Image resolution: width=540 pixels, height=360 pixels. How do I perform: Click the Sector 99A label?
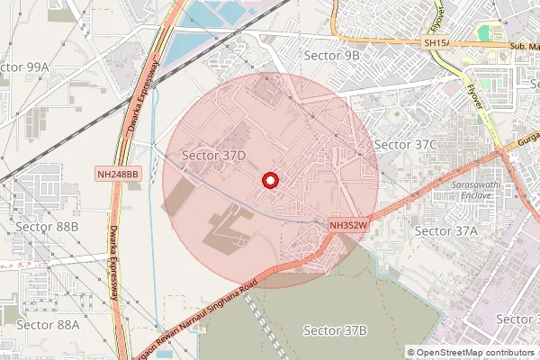point(24,68)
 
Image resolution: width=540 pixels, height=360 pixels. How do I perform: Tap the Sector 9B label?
point(332,55)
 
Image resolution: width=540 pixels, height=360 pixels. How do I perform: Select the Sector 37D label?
point(214,156)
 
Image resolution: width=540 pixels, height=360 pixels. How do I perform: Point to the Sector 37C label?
point(405,144)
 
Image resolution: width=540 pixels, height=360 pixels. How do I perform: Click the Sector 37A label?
point(446,230)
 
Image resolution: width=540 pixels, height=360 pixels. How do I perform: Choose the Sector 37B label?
point(336,330)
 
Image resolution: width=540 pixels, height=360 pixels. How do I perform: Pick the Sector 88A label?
point(48,324)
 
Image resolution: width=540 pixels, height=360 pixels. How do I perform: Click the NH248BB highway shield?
point(118,174)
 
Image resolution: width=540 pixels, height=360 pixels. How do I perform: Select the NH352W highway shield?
point(350,226)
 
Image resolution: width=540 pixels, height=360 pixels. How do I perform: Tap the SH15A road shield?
point(436,42)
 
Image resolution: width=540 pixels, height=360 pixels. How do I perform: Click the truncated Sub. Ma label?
point(523,45)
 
